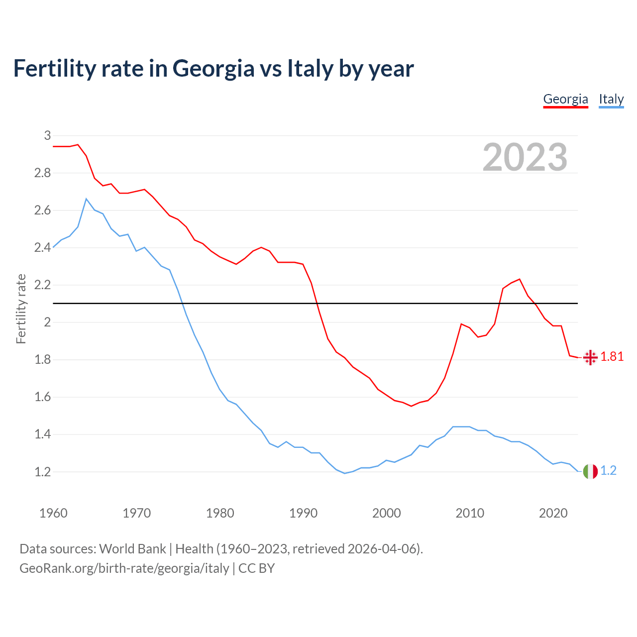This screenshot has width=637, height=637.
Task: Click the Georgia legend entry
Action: point(565,99)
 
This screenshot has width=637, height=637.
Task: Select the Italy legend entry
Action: point(611,99)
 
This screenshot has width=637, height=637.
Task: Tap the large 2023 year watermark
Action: point(525,157)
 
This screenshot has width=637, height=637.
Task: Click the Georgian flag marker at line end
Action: point(590,357)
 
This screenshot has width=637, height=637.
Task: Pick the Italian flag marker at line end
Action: point(590,471)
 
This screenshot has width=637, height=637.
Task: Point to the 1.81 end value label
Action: point(612,357)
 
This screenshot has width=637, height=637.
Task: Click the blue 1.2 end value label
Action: point(609,471)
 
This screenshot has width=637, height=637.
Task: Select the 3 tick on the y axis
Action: point(48,135)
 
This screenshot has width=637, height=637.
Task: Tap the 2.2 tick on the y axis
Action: point(43,285)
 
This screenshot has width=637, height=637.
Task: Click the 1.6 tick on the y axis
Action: point(43,397)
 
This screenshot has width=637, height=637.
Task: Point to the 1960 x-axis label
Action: point(53,513)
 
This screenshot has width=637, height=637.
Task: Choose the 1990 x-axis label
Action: point(303,513)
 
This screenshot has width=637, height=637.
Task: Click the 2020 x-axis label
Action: point(553,513)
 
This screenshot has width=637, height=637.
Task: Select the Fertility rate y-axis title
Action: point(21,309)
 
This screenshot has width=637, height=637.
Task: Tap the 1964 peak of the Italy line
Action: point(87,199)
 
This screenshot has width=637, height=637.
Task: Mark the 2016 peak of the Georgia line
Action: point(520,279)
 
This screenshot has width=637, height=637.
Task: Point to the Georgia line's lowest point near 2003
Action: point(411,406)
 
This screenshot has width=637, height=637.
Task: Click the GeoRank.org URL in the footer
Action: point(124,568)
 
